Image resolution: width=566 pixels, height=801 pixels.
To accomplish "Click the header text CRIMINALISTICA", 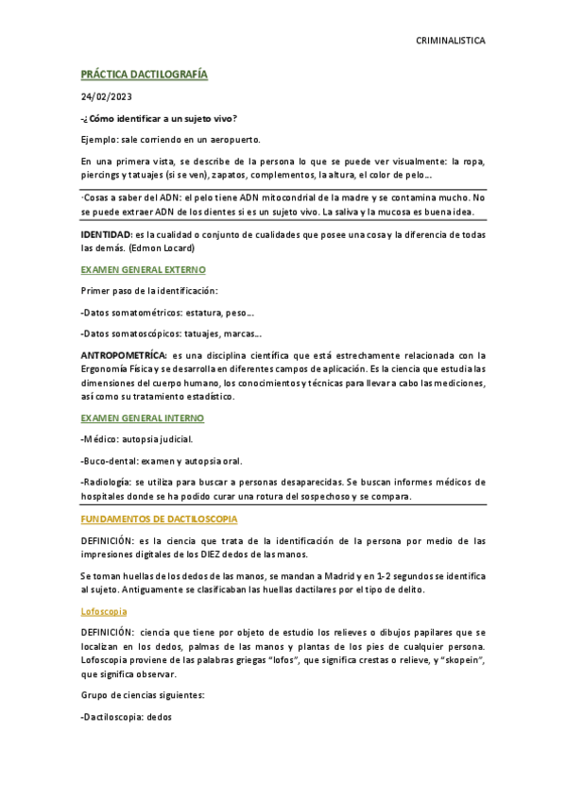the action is click(451, 42).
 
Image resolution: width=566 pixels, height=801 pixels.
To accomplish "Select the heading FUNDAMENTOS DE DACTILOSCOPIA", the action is click(159, 520).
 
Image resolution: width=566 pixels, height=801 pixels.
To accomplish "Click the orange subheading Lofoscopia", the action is click(104, 611).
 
